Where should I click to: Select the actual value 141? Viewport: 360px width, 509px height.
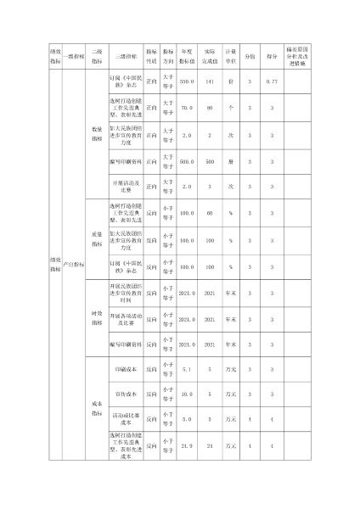coord(210,81)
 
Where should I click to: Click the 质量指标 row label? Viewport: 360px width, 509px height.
coord(97,239)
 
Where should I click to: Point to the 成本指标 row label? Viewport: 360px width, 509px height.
coord(97,408)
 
